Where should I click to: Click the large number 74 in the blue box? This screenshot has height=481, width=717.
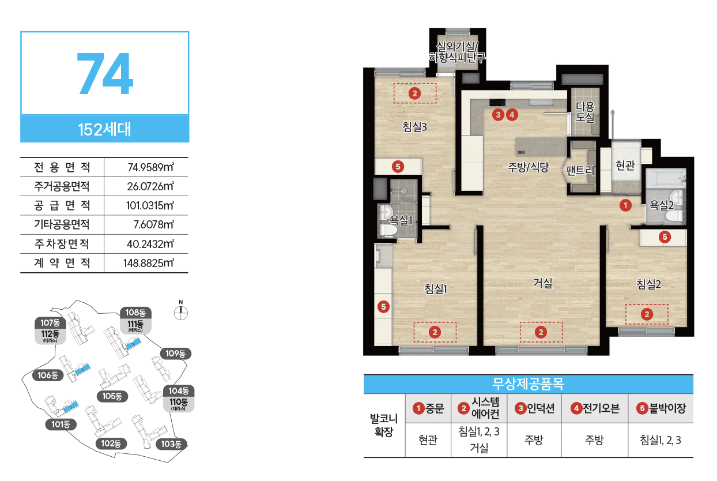[x=105, y=74]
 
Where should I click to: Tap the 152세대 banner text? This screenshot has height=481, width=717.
[x=105, y=129]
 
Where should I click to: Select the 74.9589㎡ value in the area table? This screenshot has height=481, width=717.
[x=151, y=167]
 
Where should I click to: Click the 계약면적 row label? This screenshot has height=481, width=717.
[x=62, y=263]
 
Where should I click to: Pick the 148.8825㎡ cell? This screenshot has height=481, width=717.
[x=149, y=263]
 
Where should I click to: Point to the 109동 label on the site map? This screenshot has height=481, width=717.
[x=175, y=354]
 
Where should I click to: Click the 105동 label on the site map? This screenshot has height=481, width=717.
[x=112, y=396]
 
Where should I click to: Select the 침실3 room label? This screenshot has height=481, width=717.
[x=414, y=127]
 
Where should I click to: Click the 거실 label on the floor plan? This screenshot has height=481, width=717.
[x=542, y=283]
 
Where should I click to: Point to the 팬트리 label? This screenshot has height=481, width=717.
[x=580, y=170]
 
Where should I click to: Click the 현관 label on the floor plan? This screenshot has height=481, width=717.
[x=625, y=166]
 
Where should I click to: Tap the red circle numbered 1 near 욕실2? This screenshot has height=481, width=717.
[x=625, y=205]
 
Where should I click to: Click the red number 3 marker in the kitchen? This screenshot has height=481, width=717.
[x=498, y=115]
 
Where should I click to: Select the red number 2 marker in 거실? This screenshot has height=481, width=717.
[x=541, y=332]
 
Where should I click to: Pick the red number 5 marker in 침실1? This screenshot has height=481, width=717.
[x=383, y=307]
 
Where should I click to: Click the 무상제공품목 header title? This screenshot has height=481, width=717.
[x=528, y=384]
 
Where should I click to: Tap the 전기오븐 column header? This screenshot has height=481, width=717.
[x=595, y=408]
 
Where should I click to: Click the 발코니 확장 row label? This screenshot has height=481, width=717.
[x=384, y=425]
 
